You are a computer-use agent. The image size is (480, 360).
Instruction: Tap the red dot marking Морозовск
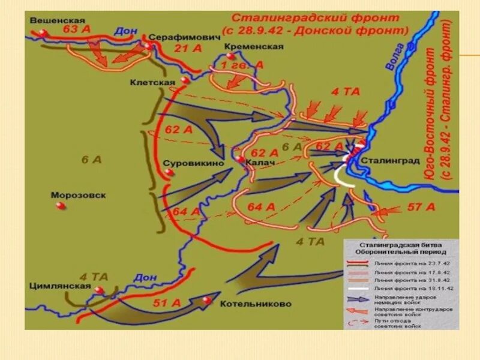(60, 206)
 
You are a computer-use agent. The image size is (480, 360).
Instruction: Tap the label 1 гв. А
(242, 65)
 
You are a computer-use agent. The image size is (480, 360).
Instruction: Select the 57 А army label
(421, 207)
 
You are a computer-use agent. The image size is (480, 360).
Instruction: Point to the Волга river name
(392, 58)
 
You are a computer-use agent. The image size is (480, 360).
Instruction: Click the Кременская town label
(255, 46)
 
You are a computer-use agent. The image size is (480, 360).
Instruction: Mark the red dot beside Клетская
(185, 80)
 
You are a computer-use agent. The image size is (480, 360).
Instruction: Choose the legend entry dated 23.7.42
(414, 262)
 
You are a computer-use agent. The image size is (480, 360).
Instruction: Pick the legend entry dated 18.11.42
(414, 288)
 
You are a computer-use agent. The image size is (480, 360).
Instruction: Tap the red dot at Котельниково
(208, 299)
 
